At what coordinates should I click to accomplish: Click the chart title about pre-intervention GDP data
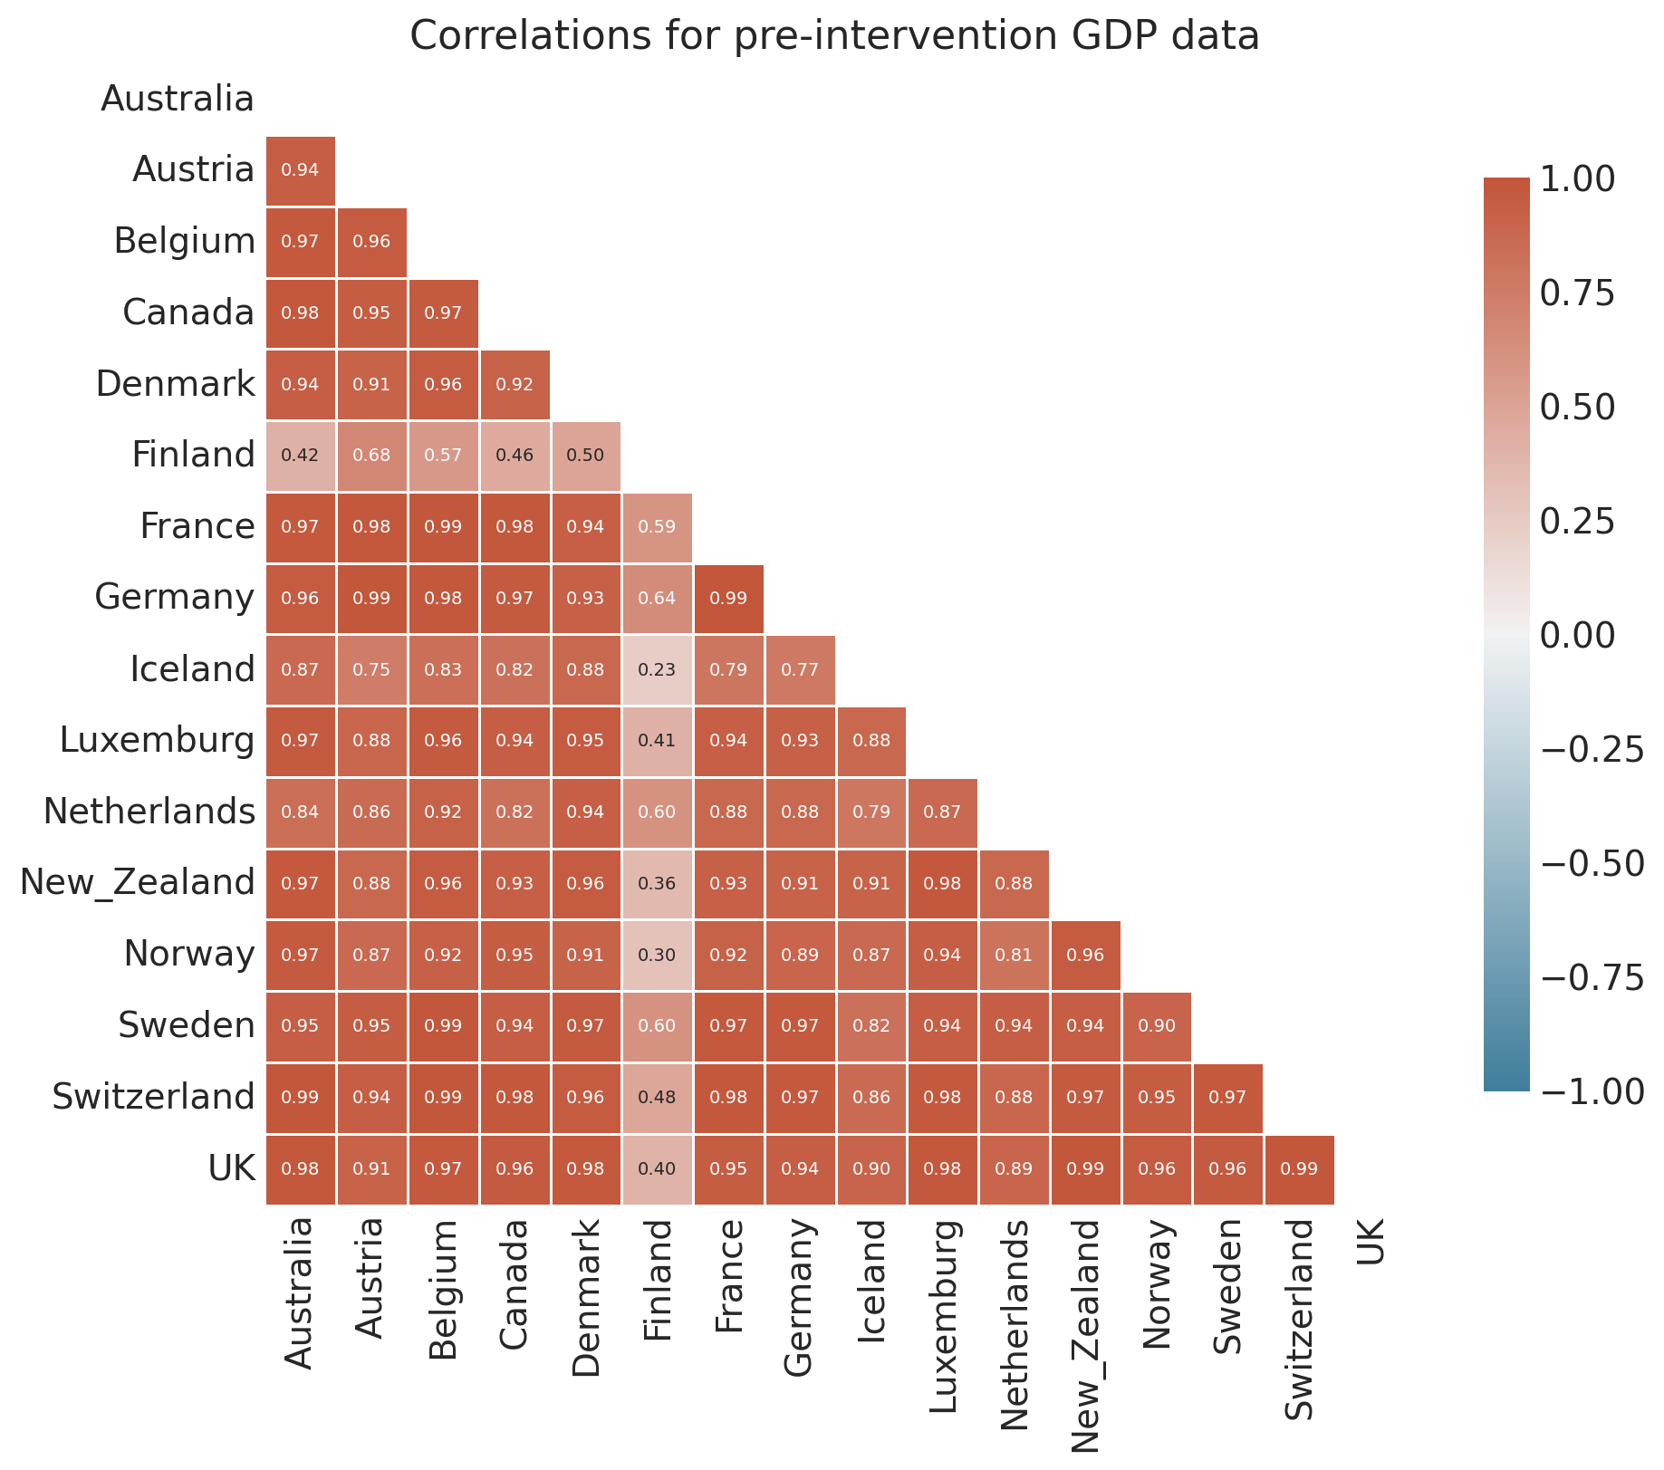coord(834,36)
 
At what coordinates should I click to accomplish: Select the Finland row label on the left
coord(193,455)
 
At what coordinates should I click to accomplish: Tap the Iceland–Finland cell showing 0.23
coord(658,669)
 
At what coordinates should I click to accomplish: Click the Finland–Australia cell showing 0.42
coord(300,456)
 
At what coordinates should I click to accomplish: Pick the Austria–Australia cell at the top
coord(300,170)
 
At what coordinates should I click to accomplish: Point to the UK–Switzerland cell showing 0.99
coord(1300,1168)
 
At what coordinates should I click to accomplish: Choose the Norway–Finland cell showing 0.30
coord(658,955)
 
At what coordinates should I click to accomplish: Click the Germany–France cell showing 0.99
coord(729,598)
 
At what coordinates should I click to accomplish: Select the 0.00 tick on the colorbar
coord(1577,635)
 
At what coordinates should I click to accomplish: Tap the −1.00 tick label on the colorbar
coord(1591,1091)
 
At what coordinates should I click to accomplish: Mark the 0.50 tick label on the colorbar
coord(1577,407)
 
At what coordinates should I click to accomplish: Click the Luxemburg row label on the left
coord(157,740)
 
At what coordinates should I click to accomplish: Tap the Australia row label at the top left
coord(178,99)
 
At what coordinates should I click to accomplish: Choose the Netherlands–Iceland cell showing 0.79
coord(871,812)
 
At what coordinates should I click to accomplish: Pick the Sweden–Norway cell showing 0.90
coord(1157,1026)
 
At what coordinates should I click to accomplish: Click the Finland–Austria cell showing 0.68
coord(371,456)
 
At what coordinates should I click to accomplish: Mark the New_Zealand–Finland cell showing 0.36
coord(658,883)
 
